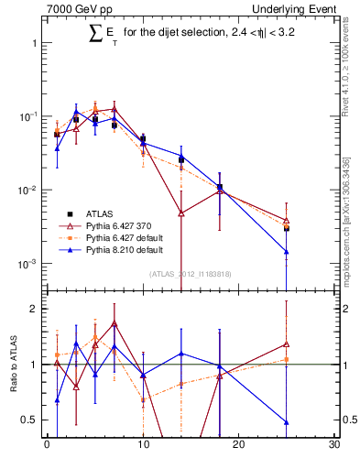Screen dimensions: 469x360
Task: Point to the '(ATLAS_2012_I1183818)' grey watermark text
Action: click(191, 274)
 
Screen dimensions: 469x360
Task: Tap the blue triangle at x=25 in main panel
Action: click(287, 251)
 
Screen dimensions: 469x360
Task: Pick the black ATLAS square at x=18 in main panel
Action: click(220, 187)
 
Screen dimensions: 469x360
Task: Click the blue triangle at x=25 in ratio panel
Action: click(287, 422)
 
